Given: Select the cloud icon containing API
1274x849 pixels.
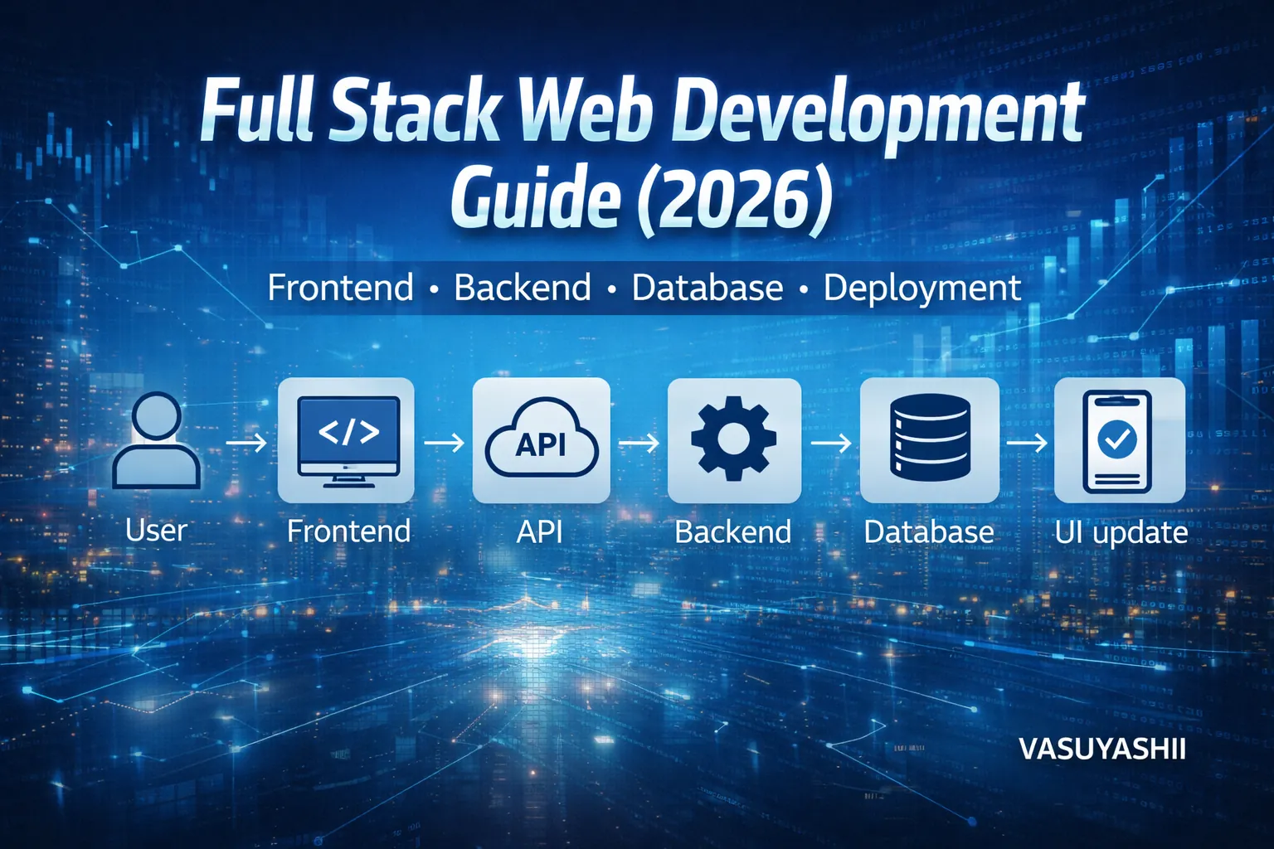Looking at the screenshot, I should pos(541,442).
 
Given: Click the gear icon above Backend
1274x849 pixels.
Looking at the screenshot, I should pos(733,439).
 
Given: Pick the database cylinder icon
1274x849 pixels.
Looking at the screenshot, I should pos(929,437).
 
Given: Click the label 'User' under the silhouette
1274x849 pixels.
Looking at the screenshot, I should pos(156,531).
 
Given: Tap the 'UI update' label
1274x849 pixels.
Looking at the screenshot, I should pos(1121,532).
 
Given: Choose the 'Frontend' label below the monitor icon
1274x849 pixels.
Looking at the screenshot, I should pos(348,531).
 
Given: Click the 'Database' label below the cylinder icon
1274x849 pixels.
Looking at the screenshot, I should pos(929,531).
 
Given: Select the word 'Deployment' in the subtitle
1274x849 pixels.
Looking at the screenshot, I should pos(921,289).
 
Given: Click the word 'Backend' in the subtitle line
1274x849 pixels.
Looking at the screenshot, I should pos(523,289).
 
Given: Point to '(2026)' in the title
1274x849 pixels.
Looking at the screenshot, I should pos(734,199).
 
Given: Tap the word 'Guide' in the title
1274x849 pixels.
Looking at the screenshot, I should pos(535,199).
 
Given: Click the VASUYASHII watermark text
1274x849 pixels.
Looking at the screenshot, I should pos(1101,750).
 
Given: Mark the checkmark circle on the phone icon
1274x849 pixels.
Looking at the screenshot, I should pos(1117,438).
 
